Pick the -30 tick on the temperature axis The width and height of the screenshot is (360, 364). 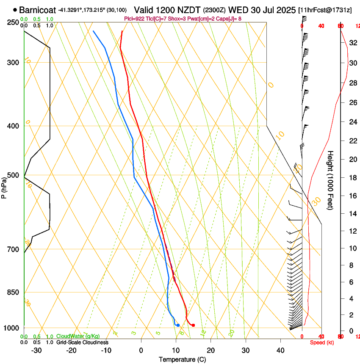36,350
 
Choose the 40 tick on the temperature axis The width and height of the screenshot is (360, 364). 280,350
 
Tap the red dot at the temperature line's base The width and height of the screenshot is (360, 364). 193,325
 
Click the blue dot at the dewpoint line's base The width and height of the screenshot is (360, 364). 178,325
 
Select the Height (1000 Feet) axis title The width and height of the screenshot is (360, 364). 331,180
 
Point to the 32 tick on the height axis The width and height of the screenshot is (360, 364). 352,43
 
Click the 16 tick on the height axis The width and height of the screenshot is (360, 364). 352,196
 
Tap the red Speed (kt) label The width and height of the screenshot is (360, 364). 322,342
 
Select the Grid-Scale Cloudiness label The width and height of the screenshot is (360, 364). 82,342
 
